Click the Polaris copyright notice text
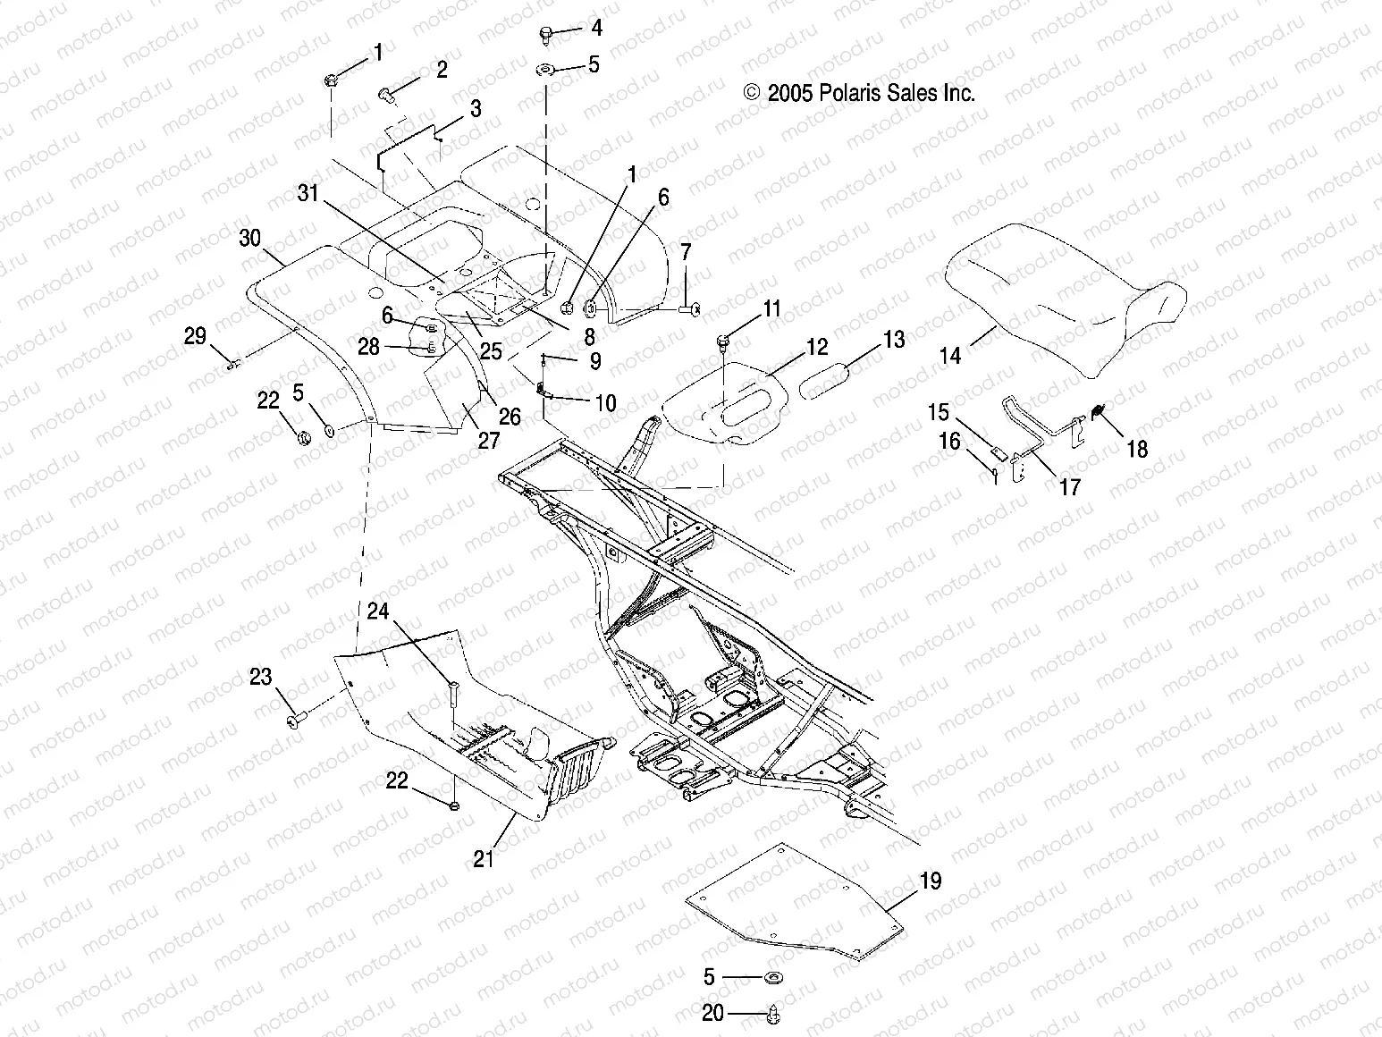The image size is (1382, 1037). tap(858, 92)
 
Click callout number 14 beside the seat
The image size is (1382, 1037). tap(950, 355)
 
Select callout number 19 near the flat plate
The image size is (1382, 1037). tap(930, 881)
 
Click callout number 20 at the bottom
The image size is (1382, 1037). tap(712, 1014)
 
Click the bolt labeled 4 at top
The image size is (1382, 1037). tap(546, 34)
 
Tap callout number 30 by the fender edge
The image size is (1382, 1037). tap(250, 239)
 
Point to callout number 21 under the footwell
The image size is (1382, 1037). tap(484, 859)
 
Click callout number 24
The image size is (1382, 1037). tap(378, 611)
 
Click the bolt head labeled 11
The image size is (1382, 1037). tap(722, 341)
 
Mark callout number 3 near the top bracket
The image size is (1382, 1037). tap(476, 109)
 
